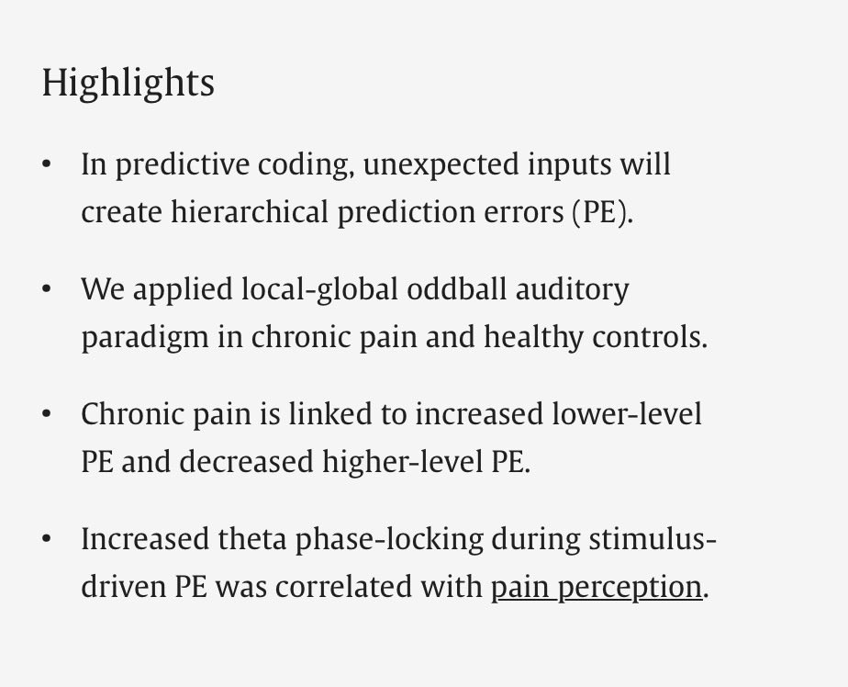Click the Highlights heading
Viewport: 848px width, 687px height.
point(128,84)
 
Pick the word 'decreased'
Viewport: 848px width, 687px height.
point(245,462)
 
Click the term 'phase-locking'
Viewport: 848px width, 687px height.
point(392,539)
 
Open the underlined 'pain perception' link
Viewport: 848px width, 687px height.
point(596,587)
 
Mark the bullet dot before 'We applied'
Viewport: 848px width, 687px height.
point(47,289)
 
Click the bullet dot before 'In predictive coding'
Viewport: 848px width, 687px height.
point(47,164)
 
